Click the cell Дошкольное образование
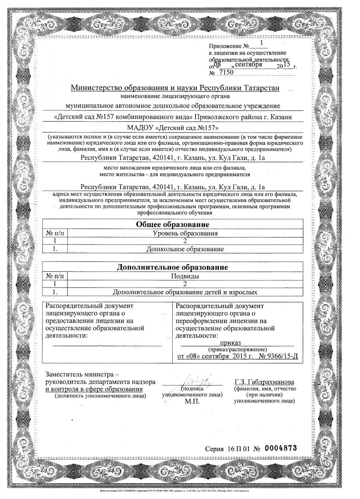tap(185, 249)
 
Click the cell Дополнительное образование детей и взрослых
tap(185, 292)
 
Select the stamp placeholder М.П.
tap(192, 402)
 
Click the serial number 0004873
tap(282, 449)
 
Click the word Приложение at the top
tap(225, 46)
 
